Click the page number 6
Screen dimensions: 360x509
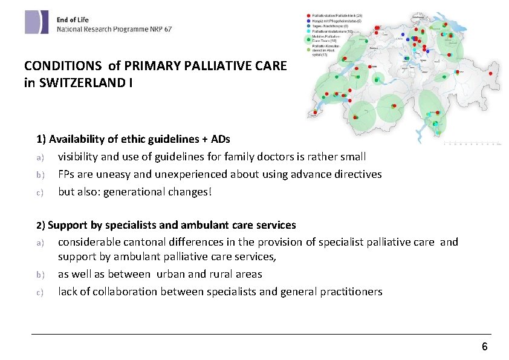[x=484, y=347]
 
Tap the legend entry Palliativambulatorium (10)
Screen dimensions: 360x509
[x=336, y=31]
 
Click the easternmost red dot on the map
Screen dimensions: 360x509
[x=490, y=73]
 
